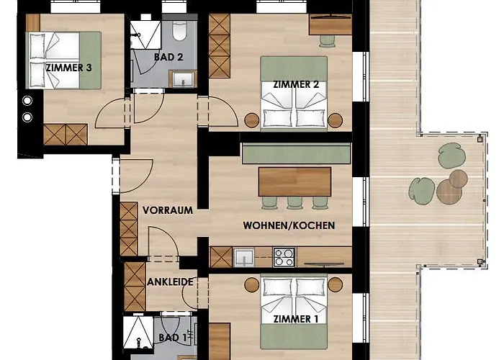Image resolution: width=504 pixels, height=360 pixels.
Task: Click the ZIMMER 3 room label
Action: (x=69, y=68)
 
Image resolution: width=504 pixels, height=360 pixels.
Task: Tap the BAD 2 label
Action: (x=168, y=57)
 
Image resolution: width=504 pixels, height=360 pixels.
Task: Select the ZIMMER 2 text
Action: (x=296, y=84)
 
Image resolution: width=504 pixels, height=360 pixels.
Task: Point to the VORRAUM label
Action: (x=168, y=210)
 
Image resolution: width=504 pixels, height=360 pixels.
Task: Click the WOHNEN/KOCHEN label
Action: (x=289, y=225)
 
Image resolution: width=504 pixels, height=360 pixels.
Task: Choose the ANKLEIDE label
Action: (x=171, y=282)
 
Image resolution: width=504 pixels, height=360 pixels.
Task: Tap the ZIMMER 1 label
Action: (x=296, y=319)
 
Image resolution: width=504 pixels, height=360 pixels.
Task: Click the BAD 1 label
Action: (x=173, y=338)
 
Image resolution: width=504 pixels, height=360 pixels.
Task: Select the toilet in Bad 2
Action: (x=179, y=31)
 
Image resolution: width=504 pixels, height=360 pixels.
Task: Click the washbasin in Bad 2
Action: (x=183, y=79)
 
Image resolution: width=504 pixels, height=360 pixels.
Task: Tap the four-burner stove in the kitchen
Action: (x=284, y=257)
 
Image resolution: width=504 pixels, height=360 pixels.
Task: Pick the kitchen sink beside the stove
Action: (x=243, y=258)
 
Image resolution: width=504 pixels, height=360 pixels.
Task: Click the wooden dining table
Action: (x=294, y=181)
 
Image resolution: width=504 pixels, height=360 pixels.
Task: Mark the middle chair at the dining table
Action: (x=294, y=202)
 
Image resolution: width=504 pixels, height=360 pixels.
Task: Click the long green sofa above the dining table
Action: (x=296, y=153)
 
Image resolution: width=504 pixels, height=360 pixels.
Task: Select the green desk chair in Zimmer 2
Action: (x=327, y=41)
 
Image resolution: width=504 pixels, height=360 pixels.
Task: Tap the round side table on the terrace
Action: (x=449, y=192)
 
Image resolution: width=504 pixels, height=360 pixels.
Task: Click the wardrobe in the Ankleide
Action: (x=135, y=287)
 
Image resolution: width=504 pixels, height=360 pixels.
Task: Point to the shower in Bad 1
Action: (x=138, y=333)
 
